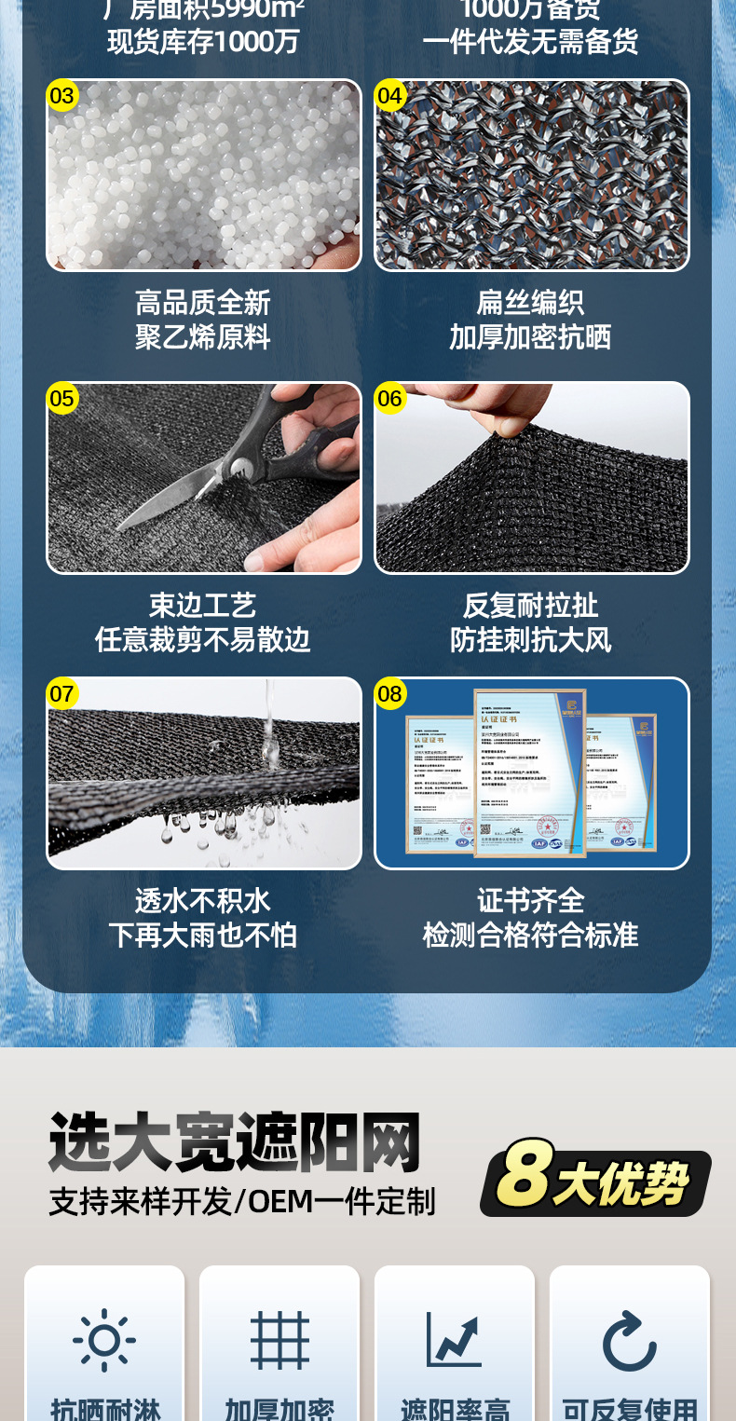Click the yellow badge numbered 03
(62, 96)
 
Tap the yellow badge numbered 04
(389, 96)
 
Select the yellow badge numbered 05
(62, 399)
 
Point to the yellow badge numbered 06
(389, 399)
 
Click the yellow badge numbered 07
(62, 693)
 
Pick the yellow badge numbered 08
(389, 693)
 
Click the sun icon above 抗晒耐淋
(104, 1340)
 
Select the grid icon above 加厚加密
(279, 1340)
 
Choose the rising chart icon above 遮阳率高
(454, 1340)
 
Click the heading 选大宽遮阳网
(235, 1142)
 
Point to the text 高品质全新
(203, 303)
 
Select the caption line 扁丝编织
(530, 303)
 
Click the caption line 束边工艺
(203, 606)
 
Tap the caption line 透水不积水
(203, 900)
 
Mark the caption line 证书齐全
(530, 900)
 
